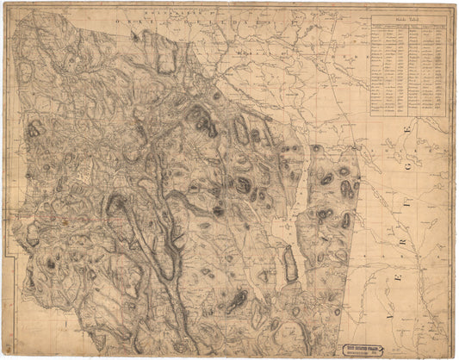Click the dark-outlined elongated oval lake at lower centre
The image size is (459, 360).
pyautogui.click(x=291, y=264)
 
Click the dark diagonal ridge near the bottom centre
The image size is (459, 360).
pyautogui.click(x=234, y=301)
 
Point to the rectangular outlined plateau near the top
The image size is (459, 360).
pyautogui.click(x=165, y=57)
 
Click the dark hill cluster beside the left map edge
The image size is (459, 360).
pyautogui.click(x=34, y=129)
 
